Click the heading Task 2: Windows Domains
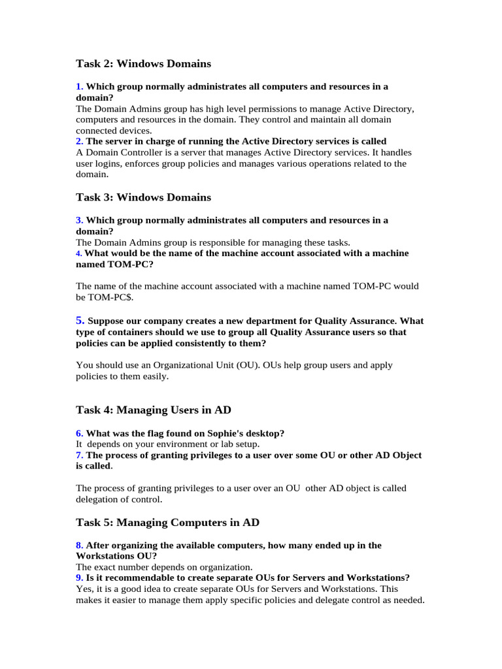pyautogui.click(x=143, y=64)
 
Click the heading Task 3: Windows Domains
pyautogui.click(x=143, y=197)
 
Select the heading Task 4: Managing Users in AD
pyautogui.click(x=153, y=410)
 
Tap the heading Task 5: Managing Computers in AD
pyautogui.click(x=167, y=523)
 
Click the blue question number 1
pyautogui.click(x=79, y=86)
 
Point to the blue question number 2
pyautogui.click(x=79, y=141)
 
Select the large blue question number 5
pyautogui.click(x=80, y=320)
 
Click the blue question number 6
pyautogui.click(x=79, y=433)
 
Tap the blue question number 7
pyautogui.click(x=79, y=455)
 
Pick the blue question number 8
pyautogui.click(x=79, y=545)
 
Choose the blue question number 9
pyautogui.click(x=79, y=578)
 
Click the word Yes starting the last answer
pyautogui.click(x=84, y=589)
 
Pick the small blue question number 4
pyautogui.click(x=78, y=253)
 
